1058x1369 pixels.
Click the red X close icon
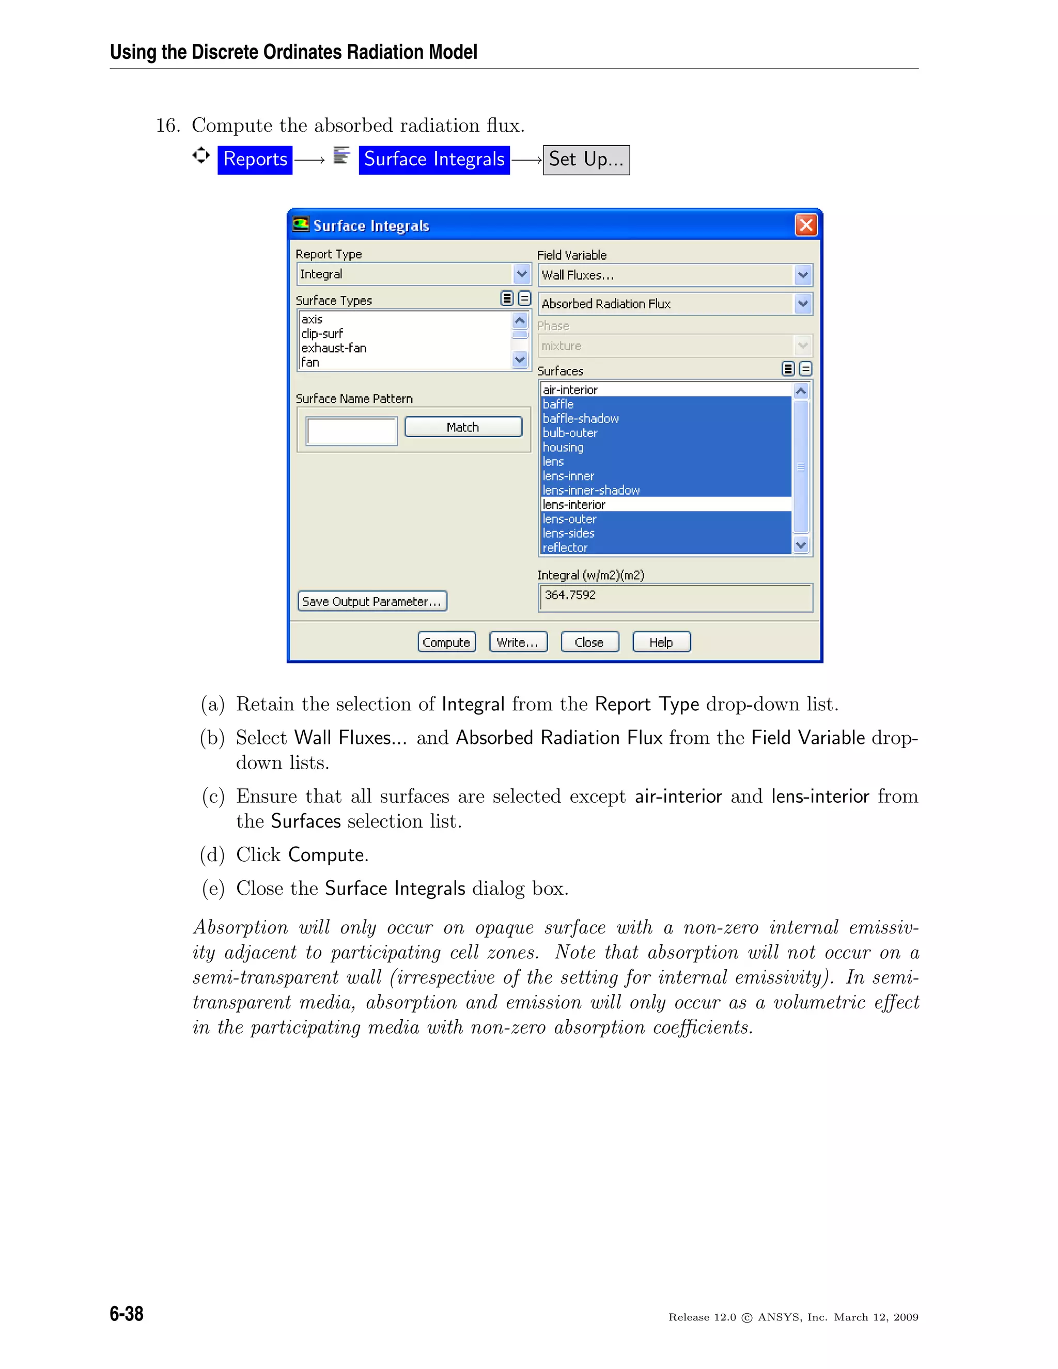tap(806, 225)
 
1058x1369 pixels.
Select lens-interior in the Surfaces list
tap(574, 505)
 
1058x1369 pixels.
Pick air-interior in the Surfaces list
tap(570, 390)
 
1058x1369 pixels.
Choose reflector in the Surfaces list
tap(565, 548)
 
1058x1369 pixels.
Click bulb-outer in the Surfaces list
tap(570, 433)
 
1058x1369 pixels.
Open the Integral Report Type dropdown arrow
tap(521, 274)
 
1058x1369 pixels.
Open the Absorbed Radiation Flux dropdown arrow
tap(802, 304)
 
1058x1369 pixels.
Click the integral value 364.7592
tap(570, 595)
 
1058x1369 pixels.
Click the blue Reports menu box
tap(255, 159)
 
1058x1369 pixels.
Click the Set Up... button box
tap(586, 160)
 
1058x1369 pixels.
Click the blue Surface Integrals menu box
tap(434, 159)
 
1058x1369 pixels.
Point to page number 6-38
tap(127, 1313)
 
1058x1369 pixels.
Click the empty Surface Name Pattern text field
tap(352, 431)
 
